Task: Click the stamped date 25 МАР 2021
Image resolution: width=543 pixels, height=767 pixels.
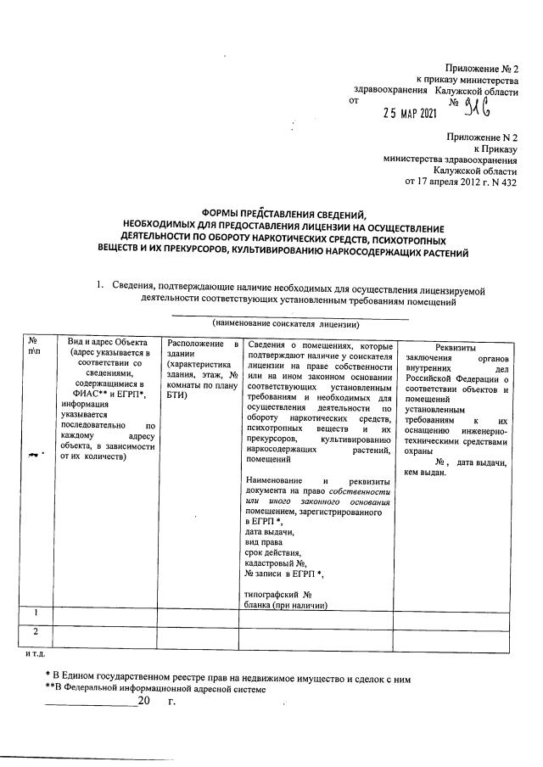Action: [410, 110]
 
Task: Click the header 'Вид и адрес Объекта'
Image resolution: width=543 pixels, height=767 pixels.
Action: [103, 343]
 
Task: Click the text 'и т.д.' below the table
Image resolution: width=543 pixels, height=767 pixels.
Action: [36, 654]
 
